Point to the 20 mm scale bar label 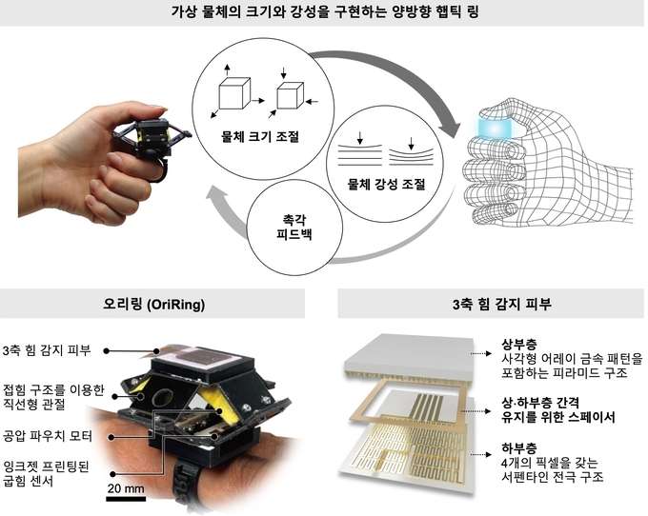pos(125,487)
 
